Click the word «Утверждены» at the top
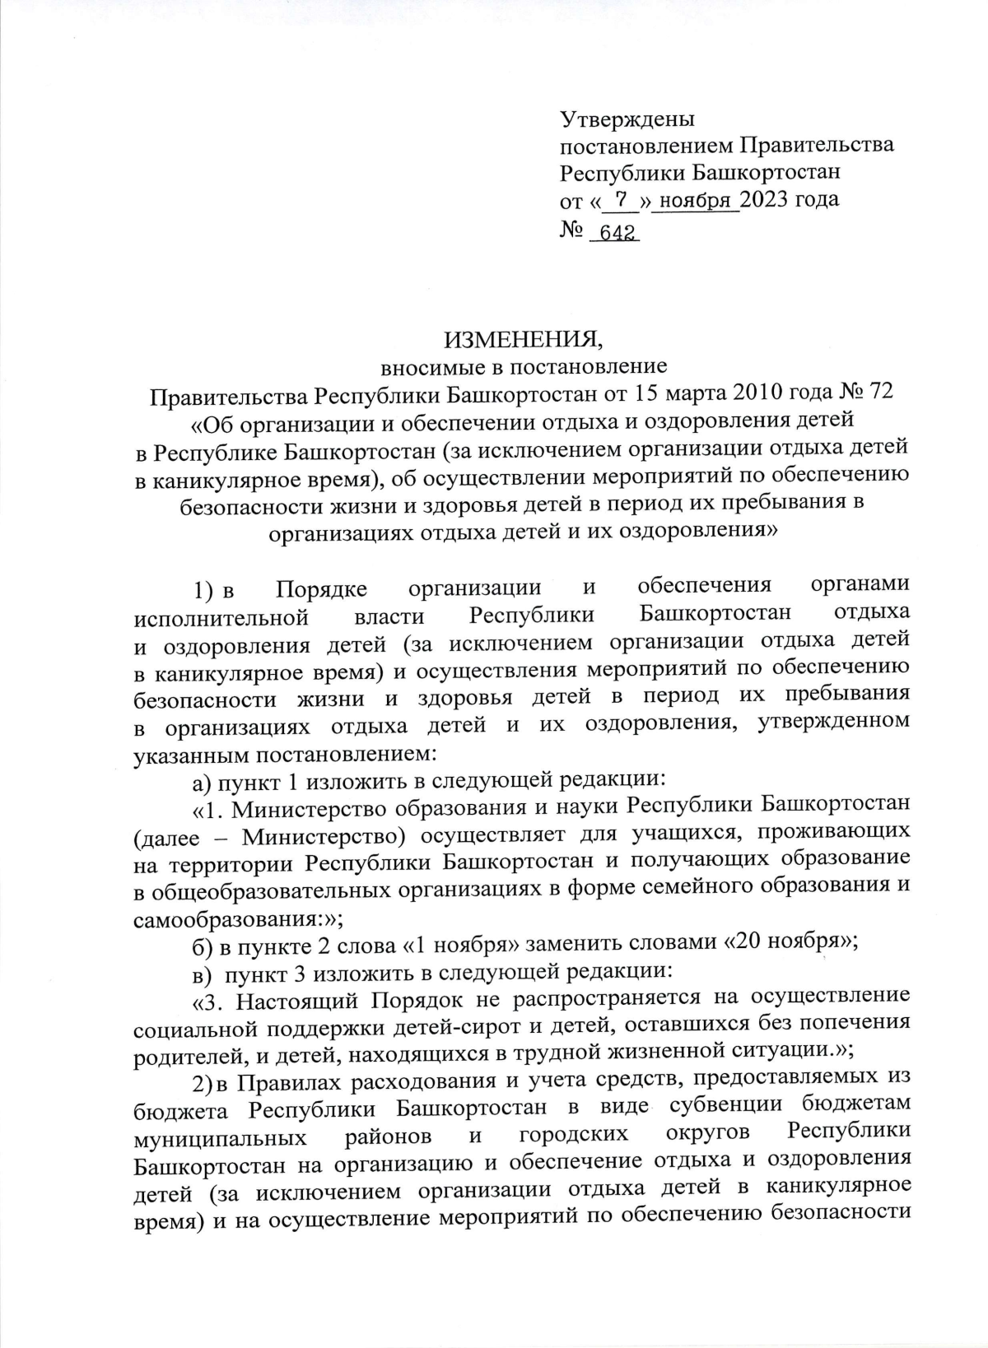point(627,119)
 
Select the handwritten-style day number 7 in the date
point(622,199)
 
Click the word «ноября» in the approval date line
point(696,200)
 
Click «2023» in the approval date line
point(767,199)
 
